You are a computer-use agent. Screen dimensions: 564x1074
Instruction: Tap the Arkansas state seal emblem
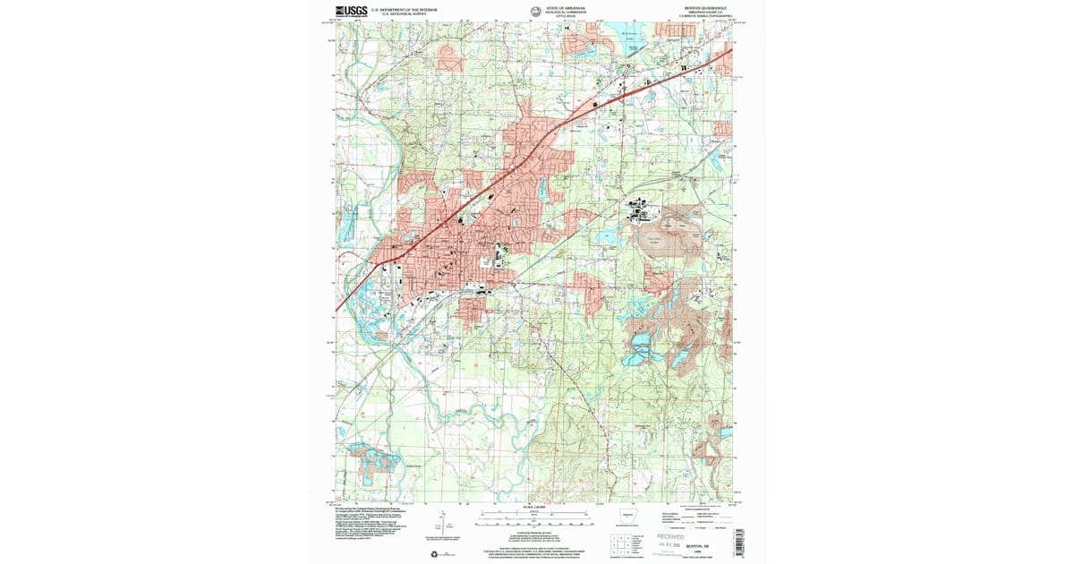coord(535,12)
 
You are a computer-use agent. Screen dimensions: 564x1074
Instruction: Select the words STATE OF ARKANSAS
coord(567,7)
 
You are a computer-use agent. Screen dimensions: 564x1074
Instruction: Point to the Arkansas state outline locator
coord(629,516)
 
